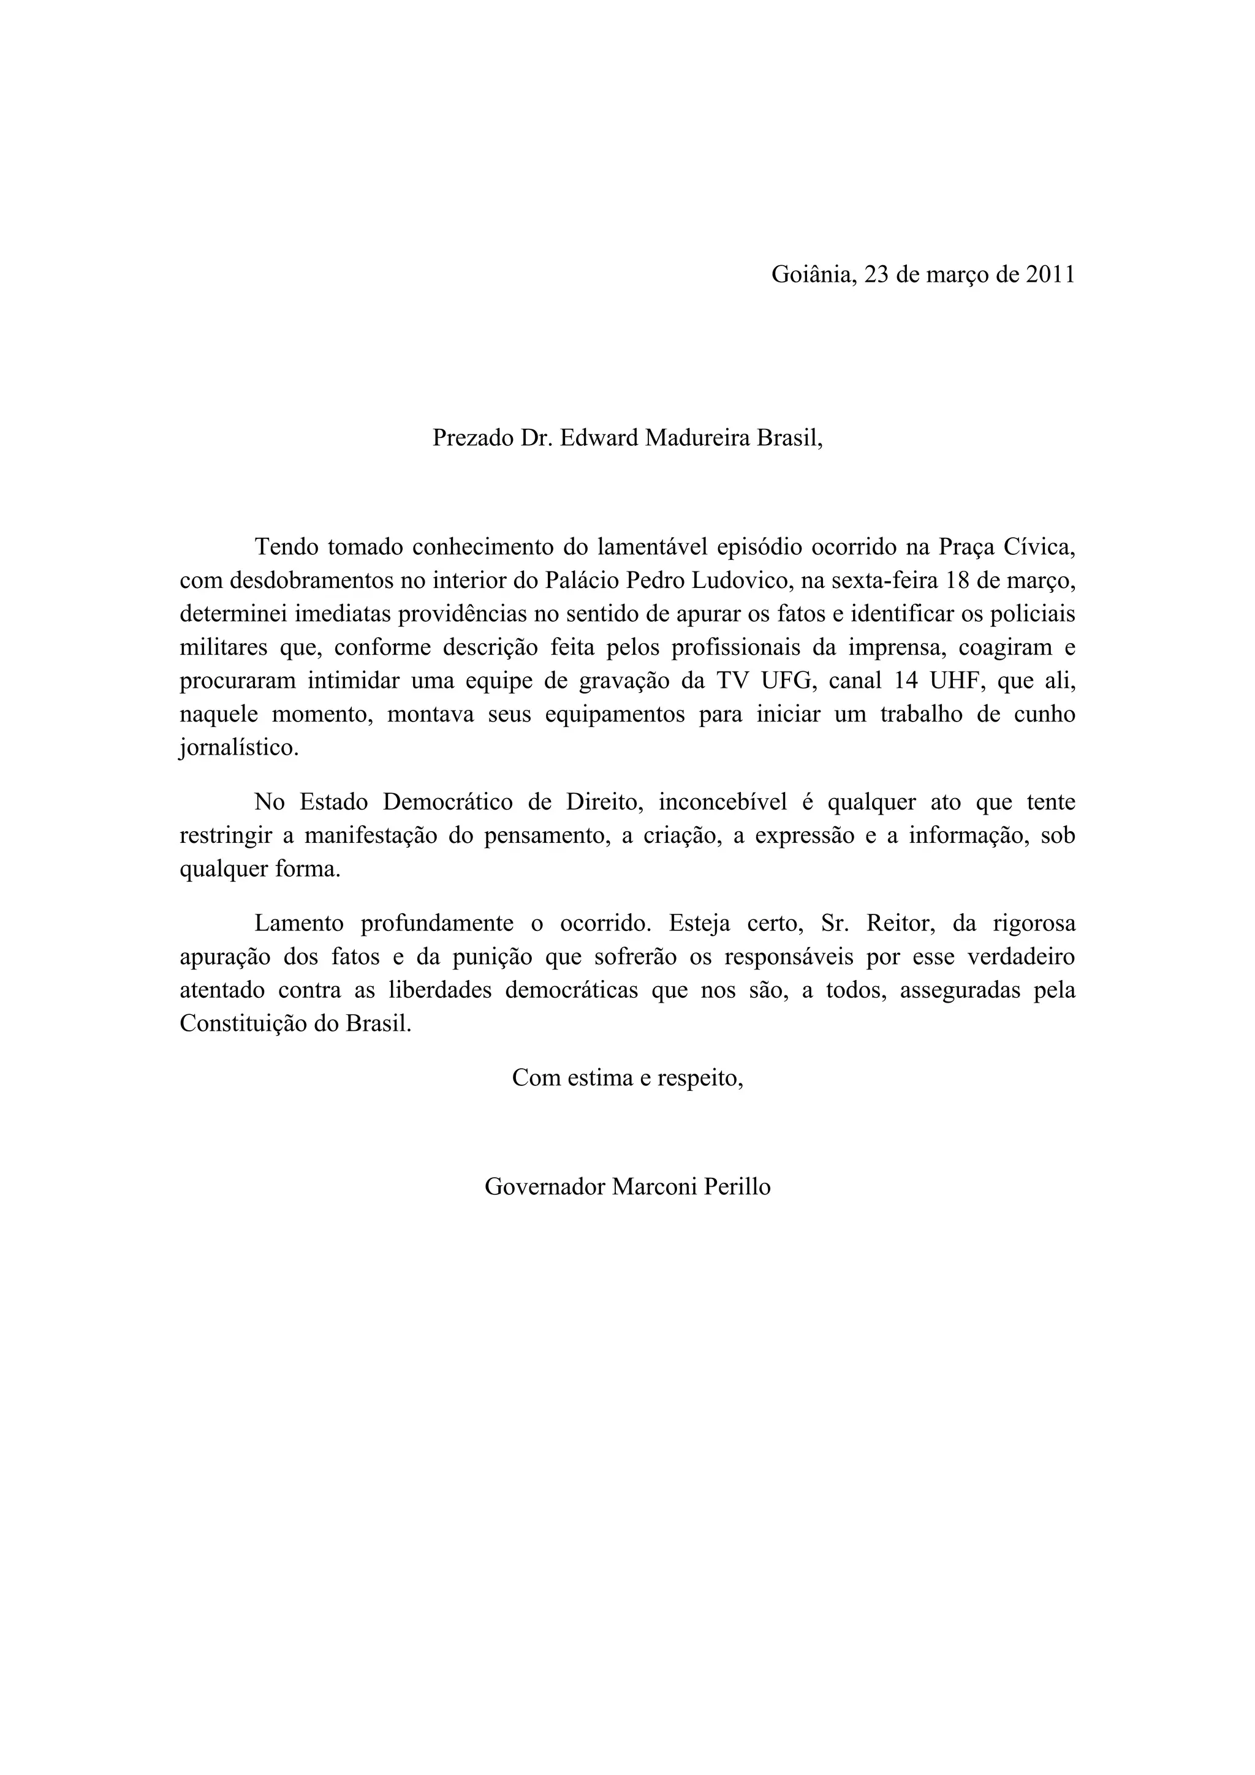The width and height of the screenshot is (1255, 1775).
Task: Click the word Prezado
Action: tap(472, 439)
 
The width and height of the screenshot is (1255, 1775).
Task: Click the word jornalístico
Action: tap(239, 748)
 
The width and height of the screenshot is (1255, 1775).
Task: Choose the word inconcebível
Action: tap(723, 802)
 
